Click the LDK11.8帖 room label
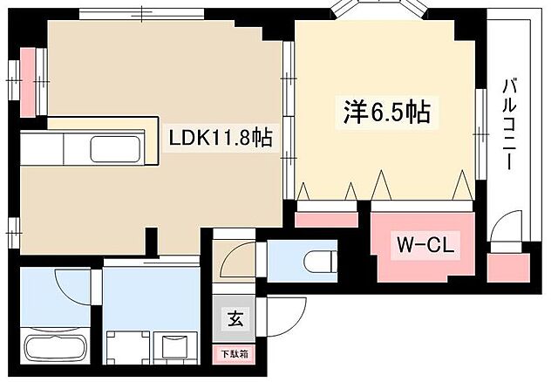(219, 139)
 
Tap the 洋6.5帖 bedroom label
(386, 113)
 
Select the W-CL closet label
(425, 245)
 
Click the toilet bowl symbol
(320, 259)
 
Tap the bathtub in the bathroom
(57, 346)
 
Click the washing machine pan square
(126, 346)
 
